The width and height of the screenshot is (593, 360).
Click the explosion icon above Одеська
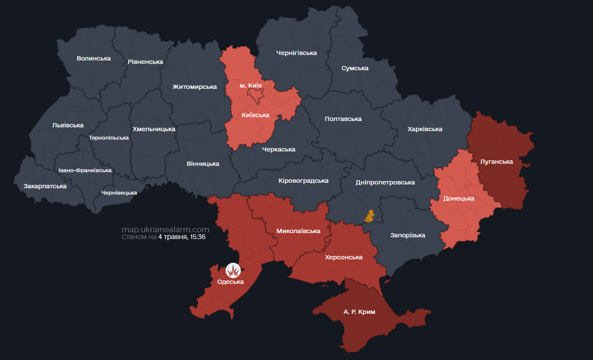tap(233, 270)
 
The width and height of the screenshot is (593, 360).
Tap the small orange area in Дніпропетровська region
tap(370, 216)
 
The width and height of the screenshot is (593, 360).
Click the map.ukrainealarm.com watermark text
tap(165, 230)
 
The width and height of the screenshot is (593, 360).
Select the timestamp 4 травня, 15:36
tap(182, 237)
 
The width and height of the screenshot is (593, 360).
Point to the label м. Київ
tap(251, 85)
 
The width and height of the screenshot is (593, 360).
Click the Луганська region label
tap(496, 162)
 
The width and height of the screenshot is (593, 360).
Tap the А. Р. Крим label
tap(359, 312)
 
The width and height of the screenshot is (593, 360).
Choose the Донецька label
tap(458, 198)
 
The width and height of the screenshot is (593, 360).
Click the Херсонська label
tap(344, 257)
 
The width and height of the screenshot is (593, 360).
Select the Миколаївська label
tap(298, 231)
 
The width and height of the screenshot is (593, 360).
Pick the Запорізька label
tap(408, 235)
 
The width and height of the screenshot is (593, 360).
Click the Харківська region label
tap(425, 129)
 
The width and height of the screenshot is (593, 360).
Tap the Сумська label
tap(355, 68)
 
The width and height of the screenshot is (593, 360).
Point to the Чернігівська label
tap(296, 53)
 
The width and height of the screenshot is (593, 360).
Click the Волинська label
tap(94, 58)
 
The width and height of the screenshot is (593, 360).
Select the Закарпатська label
tap(45, 186)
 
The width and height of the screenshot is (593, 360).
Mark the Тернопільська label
tap(109, 138)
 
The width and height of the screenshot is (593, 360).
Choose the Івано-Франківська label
tap(85, 170)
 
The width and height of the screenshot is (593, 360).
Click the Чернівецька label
tap(119, 193)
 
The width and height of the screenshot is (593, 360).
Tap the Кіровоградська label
tap(303, 181)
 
